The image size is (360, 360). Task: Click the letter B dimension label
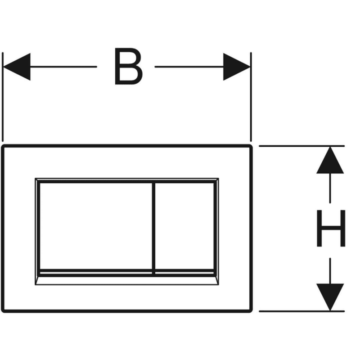tap(129, 67)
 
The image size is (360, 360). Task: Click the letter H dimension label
tap(331, 228)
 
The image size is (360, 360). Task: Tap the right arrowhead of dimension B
tap(237, 67)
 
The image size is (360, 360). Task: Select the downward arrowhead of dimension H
tap(330, 297)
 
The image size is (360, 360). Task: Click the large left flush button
tap(94, 225)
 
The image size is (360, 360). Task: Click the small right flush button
tap(184, 225)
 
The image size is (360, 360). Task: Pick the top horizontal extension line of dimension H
tap(297, 146)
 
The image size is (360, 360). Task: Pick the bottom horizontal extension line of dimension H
tap(297, 311)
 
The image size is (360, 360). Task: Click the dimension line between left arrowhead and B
tap(63, 67)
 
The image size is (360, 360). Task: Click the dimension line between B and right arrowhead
tap(189, 67)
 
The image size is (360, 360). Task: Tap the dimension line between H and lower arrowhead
tap(330, 270)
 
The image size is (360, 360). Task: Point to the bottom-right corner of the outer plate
tap(250, 310)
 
